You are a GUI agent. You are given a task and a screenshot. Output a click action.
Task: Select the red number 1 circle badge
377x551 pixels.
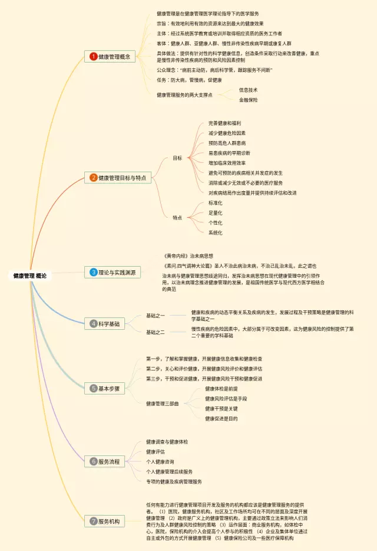[x=93, y=57]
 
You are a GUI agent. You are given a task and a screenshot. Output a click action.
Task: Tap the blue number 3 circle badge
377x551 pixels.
[x=93, y=272]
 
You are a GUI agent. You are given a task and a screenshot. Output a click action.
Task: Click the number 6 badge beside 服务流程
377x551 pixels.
[x=93, y=461]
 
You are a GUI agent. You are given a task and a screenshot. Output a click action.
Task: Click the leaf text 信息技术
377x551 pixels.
[x=248, y=90]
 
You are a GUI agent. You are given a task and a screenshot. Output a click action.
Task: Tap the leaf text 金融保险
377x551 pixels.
[x=248, y=100]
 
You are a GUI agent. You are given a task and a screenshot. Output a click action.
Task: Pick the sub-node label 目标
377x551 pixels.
[x=177, y=158]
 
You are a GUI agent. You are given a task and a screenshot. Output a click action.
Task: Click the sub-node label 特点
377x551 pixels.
[x=177, y=218]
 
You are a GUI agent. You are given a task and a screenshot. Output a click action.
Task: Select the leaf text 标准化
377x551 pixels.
[x=216, y=202]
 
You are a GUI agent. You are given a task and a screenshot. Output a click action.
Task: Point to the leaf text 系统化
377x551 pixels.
[x=216, y=232]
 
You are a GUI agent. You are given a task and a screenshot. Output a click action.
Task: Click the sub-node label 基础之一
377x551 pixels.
[x=156, y=316]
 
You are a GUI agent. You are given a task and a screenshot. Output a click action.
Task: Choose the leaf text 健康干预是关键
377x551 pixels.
[x=221, y=408]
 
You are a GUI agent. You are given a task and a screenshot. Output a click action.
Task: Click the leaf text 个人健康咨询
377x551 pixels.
[x=160, y=461]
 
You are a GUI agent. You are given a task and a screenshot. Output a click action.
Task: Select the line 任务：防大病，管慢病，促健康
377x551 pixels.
[x=189, y=80]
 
